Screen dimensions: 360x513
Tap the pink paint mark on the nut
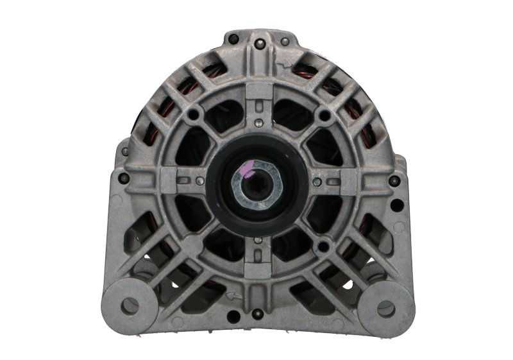click(x=247, y=171)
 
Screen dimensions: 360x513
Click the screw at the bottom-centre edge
click(x=256, y=313)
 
